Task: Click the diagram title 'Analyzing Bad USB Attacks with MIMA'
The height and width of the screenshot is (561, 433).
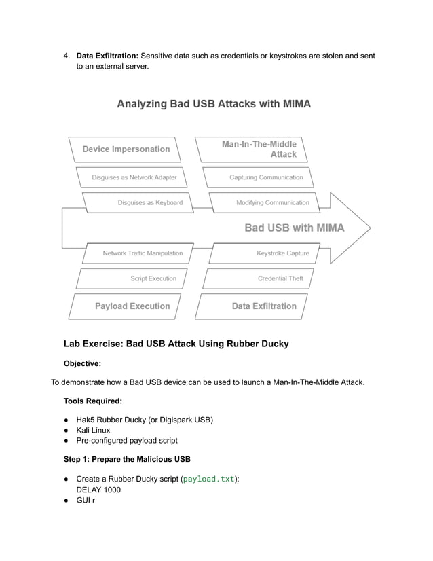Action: click(214, 104)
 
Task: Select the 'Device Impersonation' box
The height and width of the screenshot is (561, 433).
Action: click(126, 149)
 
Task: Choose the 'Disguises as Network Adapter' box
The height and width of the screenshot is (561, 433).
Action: click(134, 177)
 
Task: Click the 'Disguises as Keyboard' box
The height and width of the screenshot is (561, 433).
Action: click(141, 202)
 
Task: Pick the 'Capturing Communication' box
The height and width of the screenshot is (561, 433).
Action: click(266, 177)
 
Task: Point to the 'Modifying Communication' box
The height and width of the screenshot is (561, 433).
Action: click(272, 202)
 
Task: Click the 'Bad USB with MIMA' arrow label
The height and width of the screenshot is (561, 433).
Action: click(294, 228)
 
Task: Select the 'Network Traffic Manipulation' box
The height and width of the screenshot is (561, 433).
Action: click(143, 253)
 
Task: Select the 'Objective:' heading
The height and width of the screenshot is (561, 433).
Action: click(82, 363)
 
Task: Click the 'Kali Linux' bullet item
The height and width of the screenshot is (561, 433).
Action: click(93, 430)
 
